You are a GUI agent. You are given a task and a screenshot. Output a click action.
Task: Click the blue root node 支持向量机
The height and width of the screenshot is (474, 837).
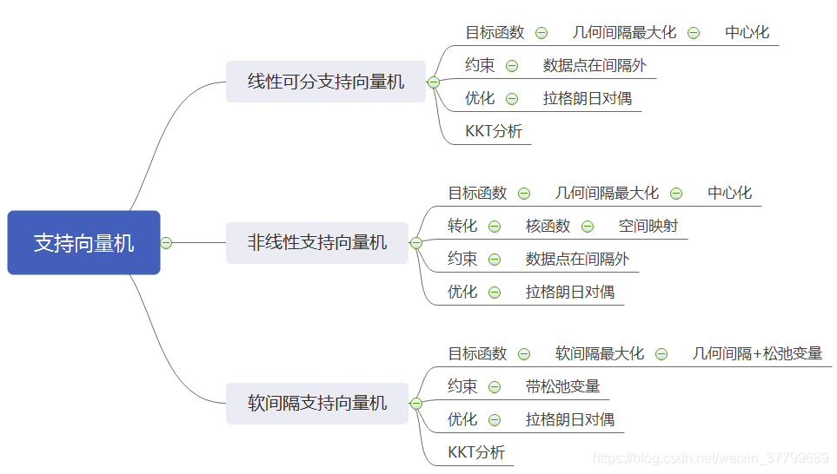pyautogui.click(x=83, y=243)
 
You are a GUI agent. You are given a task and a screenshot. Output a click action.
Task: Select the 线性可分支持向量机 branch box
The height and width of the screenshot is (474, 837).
pyautogui.click(x=325, y=82)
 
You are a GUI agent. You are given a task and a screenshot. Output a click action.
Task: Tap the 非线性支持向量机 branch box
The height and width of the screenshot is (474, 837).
pyautogui.click(x=316, y=243)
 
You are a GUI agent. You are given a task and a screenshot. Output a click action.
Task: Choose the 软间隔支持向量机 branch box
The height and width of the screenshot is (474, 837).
pyautogui.click(x=316, y=403)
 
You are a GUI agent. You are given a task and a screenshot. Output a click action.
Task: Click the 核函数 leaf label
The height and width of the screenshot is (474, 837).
pyautogui.click(x=548, y=227)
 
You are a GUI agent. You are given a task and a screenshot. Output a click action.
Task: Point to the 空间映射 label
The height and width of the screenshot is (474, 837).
pyautogui.click(x=648, y=227)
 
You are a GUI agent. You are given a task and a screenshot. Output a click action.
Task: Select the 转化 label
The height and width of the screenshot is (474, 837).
pyautogui.click(x=462, y=227)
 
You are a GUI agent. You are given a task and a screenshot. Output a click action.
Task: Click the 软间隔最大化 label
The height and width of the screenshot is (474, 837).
pyautogui.click(x=600, y=353)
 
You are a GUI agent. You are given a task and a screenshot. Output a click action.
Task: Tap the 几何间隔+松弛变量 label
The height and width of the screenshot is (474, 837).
pyautogui.click(x=757, y=353)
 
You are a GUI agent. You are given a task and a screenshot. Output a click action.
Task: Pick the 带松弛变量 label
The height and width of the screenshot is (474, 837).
pyautogui.click(x=562, y=387)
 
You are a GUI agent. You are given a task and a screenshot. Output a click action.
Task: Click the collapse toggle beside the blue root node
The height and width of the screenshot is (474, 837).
pyautogui.click(x=166, y=243)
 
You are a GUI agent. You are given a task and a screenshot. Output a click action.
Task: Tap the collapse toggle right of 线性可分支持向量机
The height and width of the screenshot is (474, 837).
pyautogui.click(x=433, y=82)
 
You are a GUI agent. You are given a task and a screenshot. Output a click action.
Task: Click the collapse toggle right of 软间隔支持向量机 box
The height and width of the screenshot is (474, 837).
pyautogui.click(x=415, y=403)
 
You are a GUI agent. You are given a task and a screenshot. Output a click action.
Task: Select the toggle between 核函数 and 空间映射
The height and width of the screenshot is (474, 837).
pyautogui.click(x=588, y=227)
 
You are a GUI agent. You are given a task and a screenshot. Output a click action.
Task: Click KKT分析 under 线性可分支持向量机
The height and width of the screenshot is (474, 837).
pyautogui.click(x=494, y=132)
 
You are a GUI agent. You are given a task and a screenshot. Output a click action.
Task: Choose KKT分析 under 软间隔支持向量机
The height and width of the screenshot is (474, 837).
pyautogui.click(x=476, y=452)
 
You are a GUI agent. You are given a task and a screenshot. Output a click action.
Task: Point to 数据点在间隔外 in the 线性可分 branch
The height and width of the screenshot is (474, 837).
pyautogui.click(x=595, y=65)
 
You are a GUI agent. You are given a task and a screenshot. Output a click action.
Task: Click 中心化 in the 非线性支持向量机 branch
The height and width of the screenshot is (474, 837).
pyautogui.click(x=730, y=193)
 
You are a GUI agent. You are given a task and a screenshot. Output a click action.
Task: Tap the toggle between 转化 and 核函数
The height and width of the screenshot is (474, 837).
pyautogui.click(x=495, y=227)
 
